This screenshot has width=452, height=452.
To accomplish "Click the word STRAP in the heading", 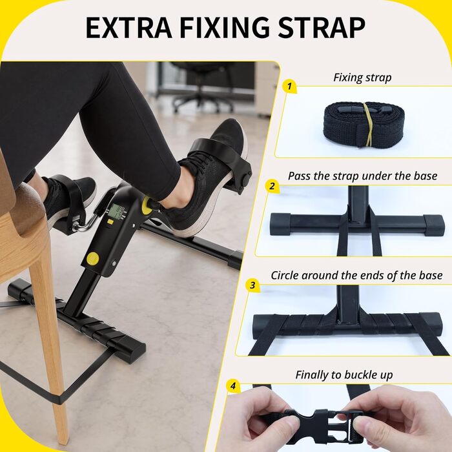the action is (321, 27).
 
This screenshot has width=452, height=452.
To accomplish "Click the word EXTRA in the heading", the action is (129, 28).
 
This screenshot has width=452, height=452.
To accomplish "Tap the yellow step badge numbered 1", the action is (289, 87).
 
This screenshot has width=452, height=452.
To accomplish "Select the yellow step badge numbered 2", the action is (272, 186).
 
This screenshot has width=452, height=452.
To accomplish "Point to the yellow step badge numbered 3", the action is (252, 285).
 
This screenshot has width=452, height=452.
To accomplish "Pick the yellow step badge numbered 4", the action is (233, 385).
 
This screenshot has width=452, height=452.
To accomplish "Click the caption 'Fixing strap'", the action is (362, 77).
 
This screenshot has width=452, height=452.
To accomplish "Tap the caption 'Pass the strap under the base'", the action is (363, 176).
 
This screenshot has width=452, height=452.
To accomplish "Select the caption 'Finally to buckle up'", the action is (344, 375).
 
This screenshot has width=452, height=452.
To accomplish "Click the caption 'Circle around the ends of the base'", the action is (356, 275).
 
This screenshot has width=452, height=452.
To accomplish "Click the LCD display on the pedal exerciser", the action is (118, 212).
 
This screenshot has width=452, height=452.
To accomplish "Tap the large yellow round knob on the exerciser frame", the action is (92, 258).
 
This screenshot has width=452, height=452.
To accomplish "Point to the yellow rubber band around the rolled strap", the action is (369, 125).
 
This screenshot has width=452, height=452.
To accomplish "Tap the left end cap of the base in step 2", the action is (280, 224).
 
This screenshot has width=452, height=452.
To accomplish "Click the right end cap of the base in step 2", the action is (434, 224).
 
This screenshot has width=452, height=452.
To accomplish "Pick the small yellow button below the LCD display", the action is (110, 221).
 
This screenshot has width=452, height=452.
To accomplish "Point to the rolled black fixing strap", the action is (364, 125).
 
